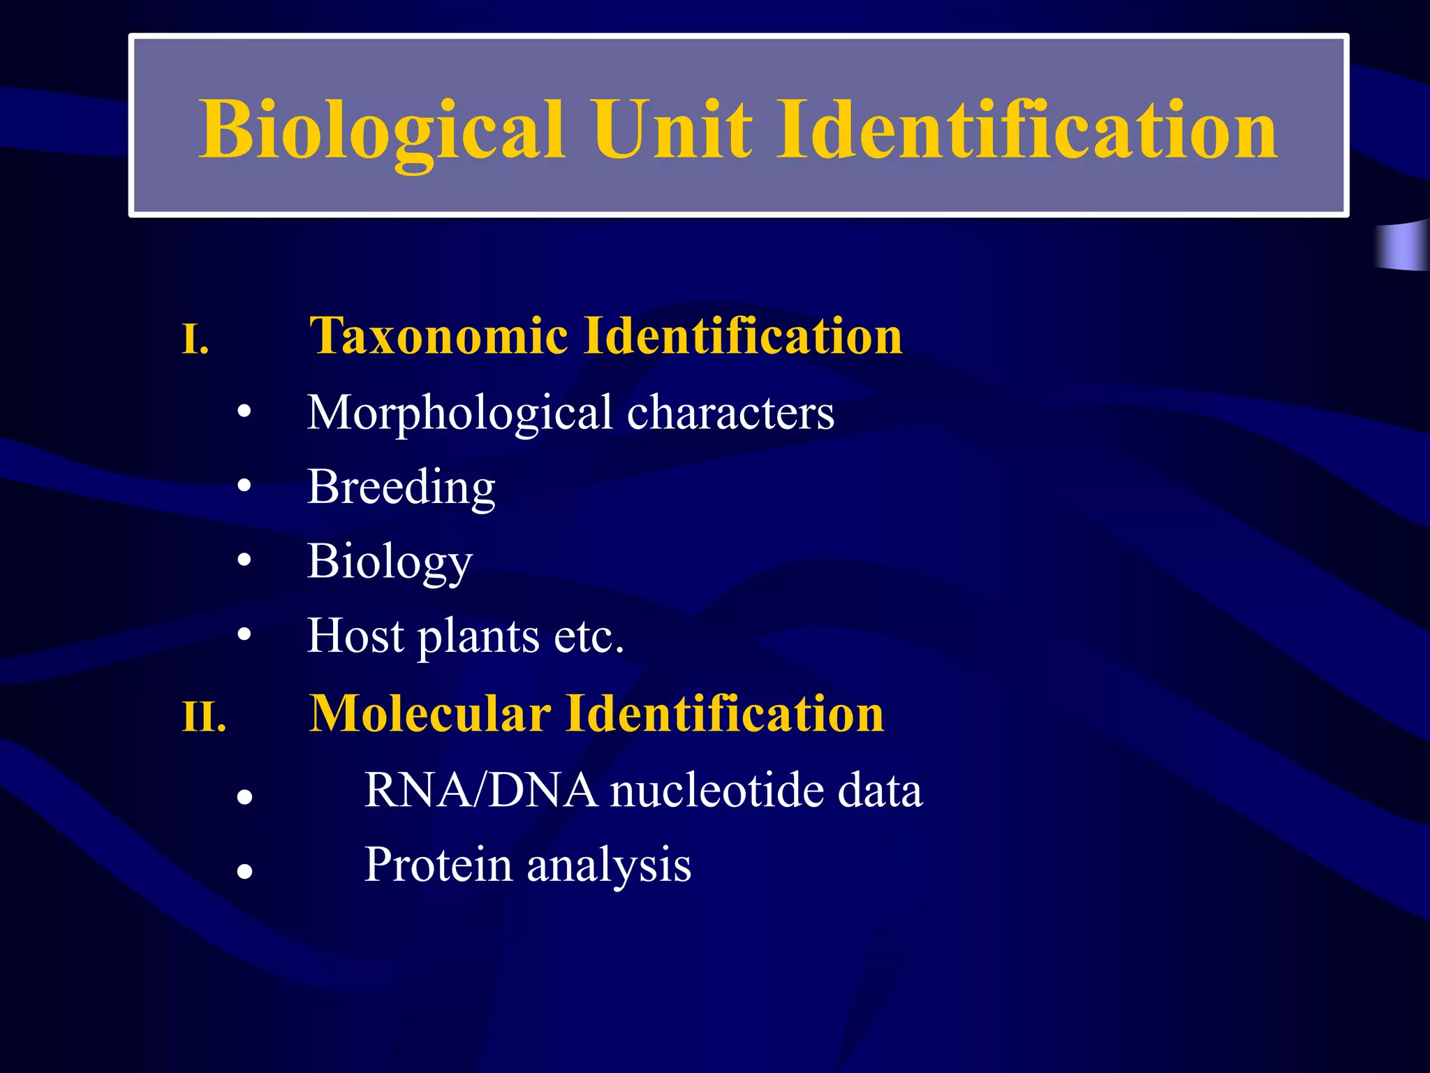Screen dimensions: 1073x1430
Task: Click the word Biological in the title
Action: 381,131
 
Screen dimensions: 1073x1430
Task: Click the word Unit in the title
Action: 673,131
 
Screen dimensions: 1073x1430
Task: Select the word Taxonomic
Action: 438,336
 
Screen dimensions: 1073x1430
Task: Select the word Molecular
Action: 429,714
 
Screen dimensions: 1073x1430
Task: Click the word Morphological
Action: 459,413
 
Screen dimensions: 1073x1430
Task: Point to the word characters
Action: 730,413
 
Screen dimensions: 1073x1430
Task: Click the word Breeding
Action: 401,488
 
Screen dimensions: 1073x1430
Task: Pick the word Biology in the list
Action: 390,562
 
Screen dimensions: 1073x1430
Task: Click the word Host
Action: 355,636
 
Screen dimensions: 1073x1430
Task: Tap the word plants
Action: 478,637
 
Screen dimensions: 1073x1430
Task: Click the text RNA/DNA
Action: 481,791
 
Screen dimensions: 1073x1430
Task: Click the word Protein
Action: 438,865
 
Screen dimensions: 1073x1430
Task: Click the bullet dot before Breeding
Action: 244,485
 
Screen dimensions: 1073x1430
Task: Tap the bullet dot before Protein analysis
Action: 244,871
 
